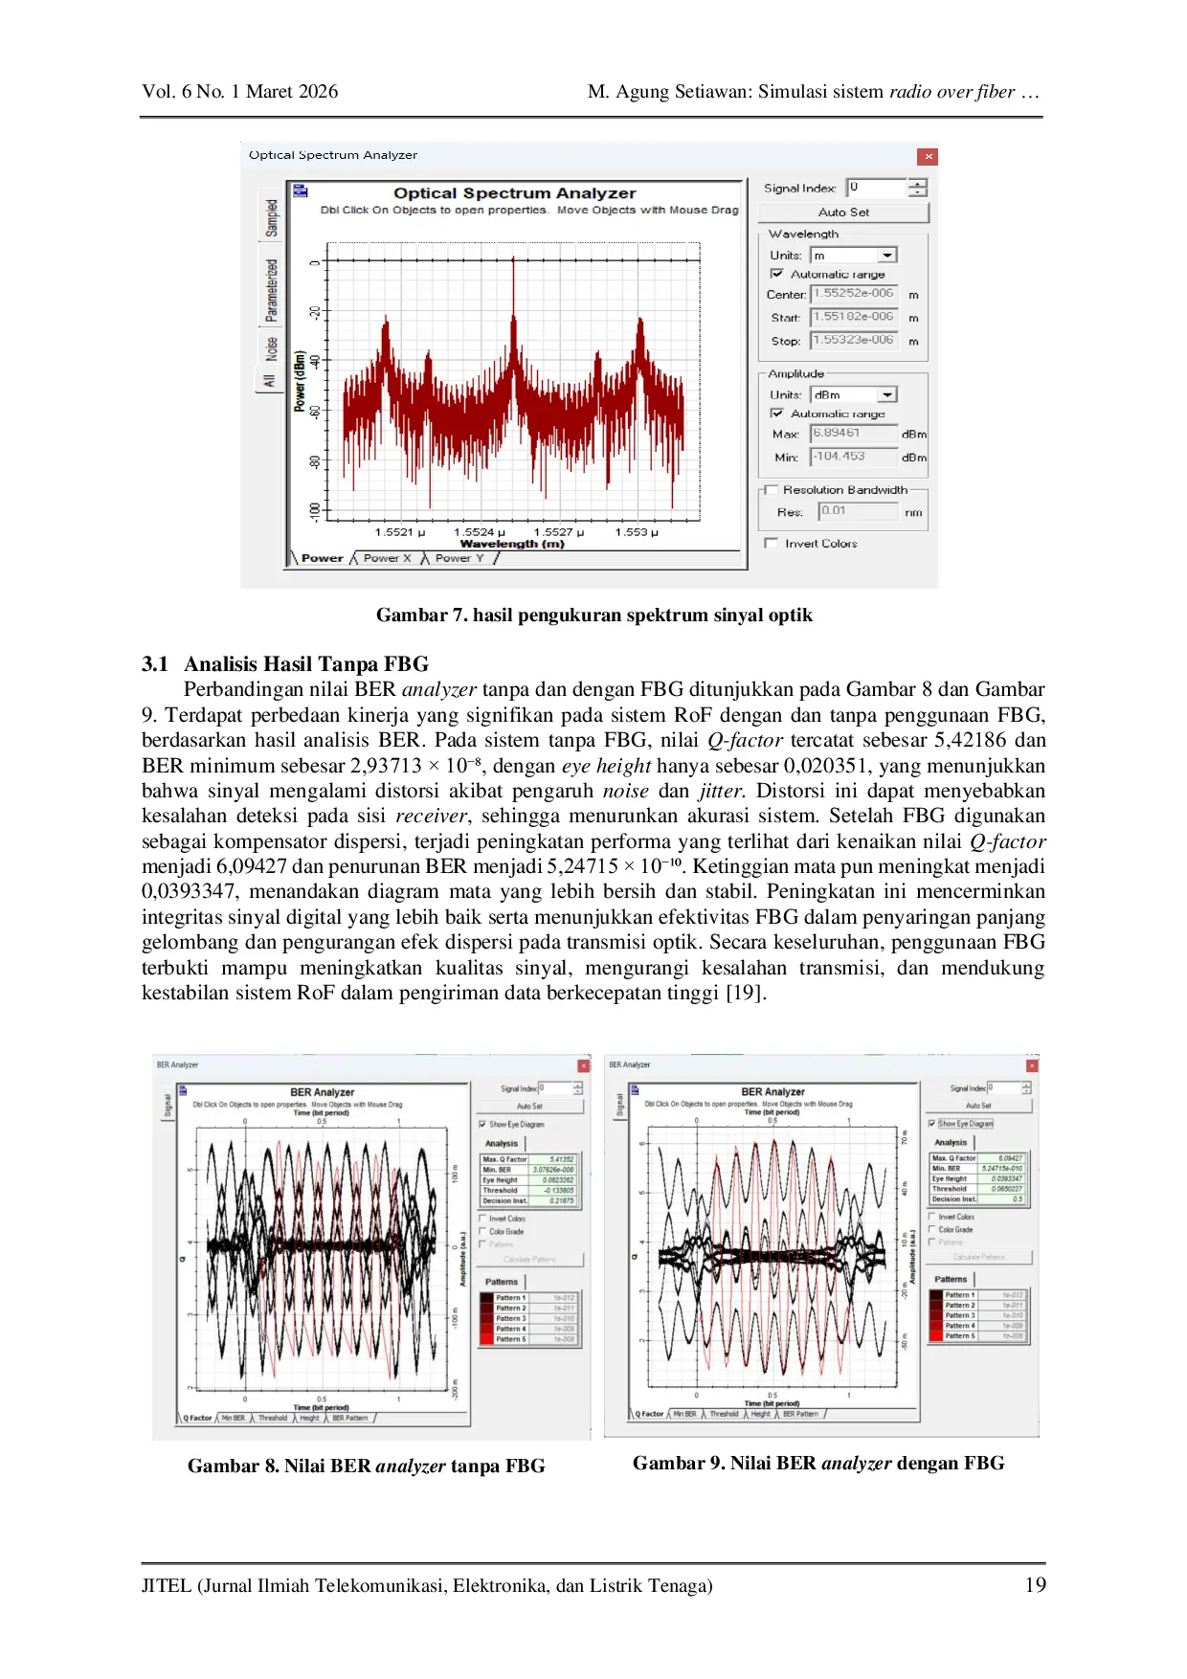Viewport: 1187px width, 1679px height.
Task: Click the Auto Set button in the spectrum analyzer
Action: point(843,213)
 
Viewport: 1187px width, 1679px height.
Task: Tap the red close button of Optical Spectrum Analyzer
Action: point(927,157)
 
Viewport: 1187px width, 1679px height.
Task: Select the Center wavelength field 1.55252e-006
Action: point(853,294)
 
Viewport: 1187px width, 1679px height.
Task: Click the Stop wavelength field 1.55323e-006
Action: point(853,340)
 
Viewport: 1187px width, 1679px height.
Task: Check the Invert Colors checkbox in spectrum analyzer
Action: point(772,544)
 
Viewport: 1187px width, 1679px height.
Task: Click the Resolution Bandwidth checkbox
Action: point(772,490)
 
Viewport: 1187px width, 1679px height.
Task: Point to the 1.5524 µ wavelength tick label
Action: point(480,532)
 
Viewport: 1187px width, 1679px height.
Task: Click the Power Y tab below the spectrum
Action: point(459,558)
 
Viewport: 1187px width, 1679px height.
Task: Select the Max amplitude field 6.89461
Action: point(853,433)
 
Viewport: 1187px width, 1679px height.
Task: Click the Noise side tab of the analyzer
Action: point(272,348)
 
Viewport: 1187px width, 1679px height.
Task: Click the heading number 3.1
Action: point(155,664)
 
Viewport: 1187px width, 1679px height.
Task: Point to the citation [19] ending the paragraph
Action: point(744,993)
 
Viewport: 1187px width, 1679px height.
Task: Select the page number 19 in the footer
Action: point(1035,1585)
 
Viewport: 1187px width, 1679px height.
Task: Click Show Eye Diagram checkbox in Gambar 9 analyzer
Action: point(932,1124)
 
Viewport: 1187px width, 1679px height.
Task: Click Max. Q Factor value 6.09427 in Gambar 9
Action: point(1010,1158)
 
